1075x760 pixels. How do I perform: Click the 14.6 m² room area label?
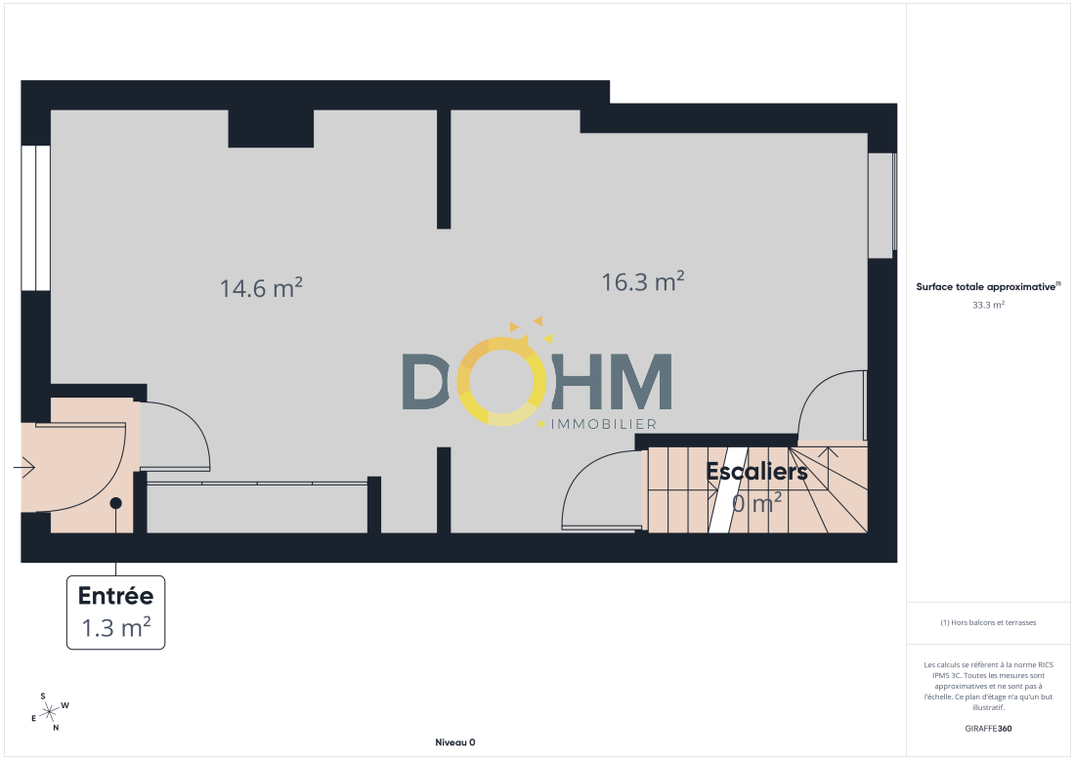click(261, 288)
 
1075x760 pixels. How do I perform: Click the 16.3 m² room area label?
click(643, 281)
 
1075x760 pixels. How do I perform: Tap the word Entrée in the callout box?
click(116, 596)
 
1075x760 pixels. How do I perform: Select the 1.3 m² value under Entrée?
click(116, 628)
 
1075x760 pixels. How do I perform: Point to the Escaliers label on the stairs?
click(756, 472)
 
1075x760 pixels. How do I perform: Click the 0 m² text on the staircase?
click(756, 504)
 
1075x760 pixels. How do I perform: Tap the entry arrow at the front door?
click(24, 467)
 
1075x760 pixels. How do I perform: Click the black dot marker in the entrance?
click(116, 503)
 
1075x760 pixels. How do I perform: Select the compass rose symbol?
click(50, 713)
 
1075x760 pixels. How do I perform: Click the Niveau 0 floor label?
click(455, 742)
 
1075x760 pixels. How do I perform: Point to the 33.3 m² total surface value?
click(988, 305)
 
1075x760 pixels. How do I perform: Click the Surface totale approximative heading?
click(988, 286)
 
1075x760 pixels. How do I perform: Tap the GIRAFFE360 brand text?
click(988, 729)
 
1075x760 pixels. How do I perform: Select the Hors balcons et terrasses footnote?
click(988, 622)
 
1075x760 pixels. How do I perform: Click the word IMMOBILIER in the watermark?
click(604, 424)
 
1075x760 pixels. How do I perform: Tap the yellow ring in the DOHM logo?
click(501, 381)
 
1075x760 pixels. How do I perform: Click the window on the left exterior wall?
click(35, 218)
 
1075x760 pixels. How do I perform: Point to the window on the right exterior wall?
click(882, 205)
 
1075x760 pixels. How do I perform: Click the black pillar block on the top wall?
click(271, 128)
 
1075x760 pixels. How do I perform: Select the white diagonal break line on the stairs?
click(727, 490)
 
